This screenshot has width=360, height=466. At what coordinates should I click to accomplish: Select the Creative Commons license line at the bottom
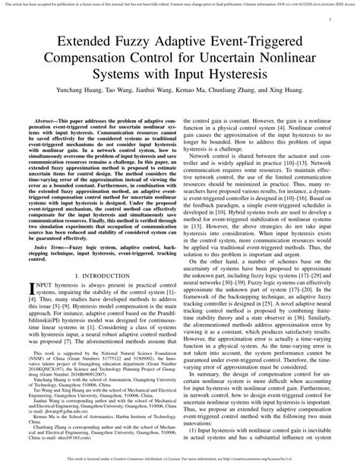click(x=180, y=461)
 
